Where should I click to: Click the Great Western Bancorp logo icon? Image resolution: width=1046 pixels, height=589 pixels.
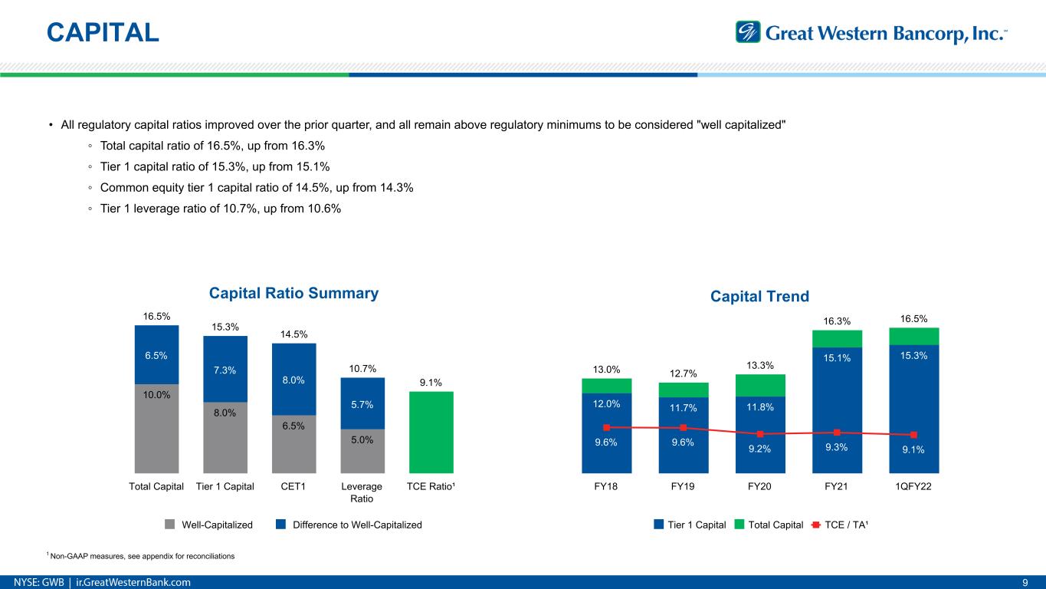click(x=748, y=32)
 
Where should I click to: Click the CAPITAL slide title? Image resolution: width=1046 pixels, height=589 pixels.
click(x=103, y=31)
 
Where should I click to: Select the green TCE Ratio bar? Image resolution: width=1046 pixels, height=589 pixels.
click(x=431, y=432)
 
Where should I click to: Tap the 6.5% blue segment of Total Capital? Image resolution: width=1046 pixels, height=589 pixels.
click(x=156, y=354)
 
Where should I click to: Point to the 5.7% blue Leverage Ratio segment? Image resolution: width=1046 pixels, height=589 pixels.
click(x=362, y=403)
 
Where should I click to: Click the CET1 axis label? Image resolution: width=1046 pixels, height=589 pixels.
click(x=293, y=486)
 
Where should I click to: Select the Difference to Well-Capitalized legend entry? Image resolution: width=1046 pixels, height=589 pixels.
click(x=349, y=525)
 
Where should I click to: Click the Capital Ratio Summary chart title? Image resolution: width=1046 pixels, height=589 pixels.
click(x=294, y=293)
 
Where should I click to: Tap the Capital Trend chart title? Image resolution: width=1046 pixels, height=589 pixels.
click(x=759, y=295)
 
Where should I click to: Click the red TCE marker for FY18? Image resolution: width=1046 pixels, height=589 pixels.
click(x=606, y=427)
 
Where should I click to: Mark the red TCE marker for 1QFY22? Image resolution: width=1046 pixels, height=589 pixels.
click(x=914, y=435)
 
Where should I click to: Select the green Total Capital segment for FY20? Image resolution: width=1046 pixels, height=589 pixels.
click(x=760, y=385)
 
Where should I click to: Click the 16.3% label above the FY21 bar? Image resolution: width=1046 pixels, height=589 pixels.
click(x=837, y=321)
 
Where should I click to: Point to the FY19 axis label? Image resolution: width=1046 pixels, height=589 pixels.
click(x=683, y=486)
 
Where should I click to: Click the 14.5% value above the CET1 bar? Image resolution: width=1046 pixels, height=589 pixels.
click(x=293, y=334)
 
